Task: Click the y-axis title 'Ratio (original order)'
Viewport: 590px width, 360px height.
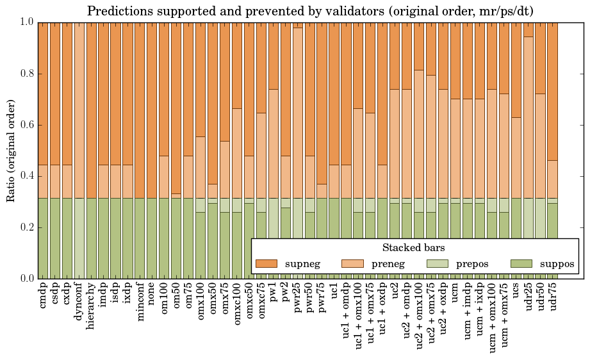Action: click(x=11, y=150)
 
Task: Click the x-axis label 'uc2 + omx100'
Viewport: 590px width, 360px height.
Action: click(x=420, y=316)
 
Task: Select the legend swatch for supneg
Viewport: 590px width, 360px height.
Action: click(x=266, y=263)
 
